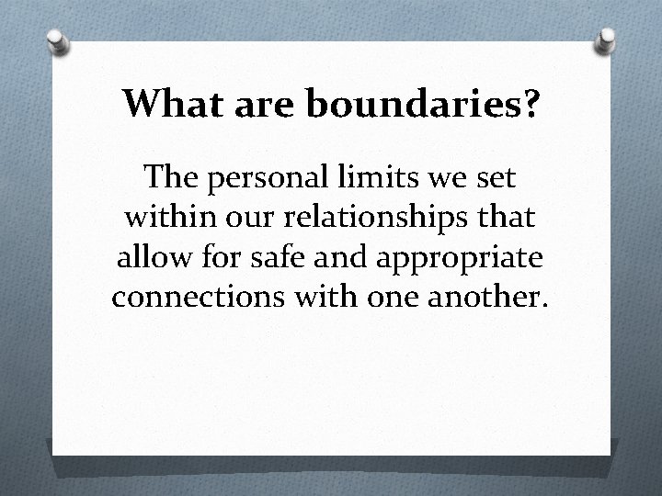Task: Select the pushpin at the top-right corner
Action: tap(607, 39)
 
